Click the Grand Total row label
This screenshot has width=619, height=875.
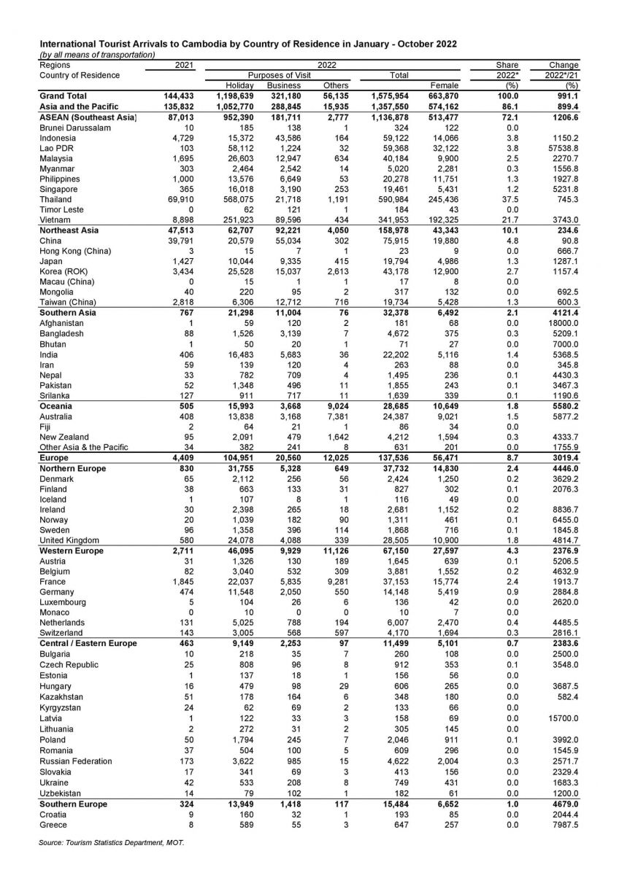click(x=64, y=96)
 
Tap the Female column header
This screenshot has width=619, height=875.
click(x=445, y=85)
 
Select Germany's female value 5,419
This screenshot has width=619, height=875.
click(x=445, y=592)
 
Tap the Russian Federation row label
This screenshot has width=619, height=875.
click(x=76, y=761)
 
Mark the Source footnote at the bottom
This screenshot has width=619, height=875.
click(x=112, y=842)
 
